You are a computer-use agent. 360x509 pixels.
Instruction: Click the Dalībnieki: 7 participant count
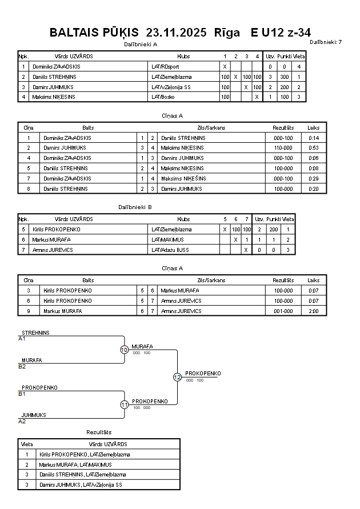[x=326, y=42]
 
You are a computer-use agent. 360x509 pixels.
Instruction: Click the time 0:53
[x=313, y=148]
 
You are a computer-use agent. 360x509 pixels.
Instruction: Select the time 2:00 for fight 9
[x=313, y=311]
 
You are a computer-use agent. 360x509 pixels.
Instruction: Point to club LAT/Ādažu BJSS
[x=170, y=250]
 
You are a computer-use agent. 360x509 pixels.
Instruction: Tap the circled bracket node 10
[x=124, y=350]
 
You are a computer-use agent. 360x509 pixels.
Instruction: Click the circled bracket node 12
[x=177, y=377]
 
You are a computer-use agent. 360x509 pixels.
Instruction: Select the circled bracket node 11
[x=124, y=404]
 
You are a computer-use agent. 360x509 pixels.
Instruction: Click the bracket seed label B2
[x=22, y=366]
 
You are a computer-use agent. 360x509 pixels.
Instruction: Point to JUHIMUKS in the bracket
[x=34, y=415]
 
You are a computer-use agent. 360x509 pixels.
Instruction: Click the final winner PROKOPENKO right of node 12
[x=203, y=373]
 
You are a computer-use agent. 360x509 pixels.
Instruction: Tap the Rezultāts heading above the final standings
[x=99, y=432]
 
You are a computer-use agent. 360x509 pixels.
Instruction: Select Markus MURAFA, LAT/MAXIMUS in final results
[x=75, y=464]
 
